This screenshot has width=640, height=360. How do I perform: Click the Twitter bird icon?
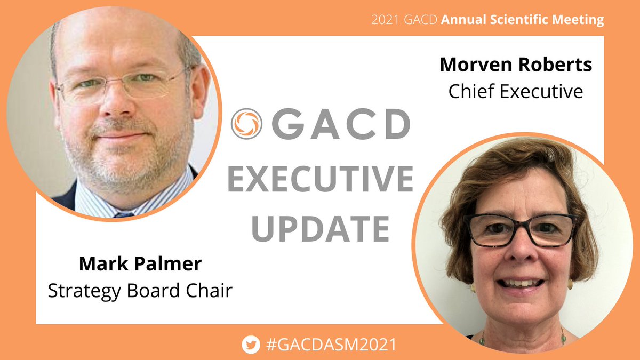click(x=249, y=345)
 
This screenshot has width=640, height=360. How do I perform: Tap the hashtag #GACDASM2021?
click(x=330, y=345)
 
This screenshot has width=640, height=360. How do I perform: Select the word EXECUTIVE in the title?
click(x=320, y=179)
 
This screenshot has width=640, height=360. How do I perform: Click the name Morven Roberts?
click(x=515, y=65)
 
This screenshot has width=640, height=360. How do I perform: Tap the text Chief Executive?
click(x=515, y=91)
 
